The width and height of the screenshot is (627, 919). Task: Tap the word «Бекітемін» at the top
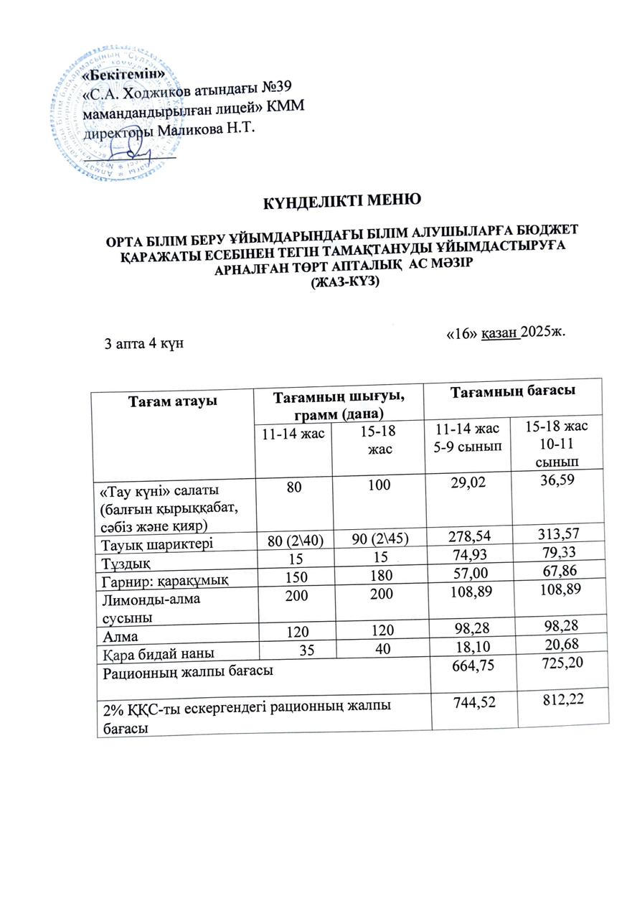(x=124, y=73)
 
